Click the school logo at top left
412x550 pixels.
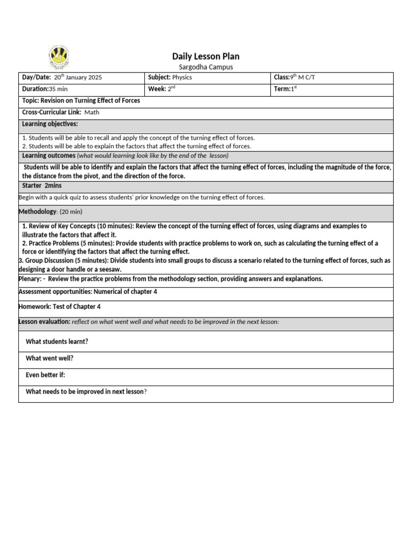coord(58,57)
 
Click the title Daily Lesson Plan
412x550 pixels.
coord(205,56)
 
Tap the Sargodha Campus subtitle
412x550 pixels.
coord(205,67)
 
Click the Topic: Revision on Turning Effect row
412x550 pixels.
coord(81,101)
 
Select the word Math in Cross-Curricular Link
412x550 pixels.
coord(92,113)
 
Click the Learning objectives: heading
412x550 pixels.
coord(50,125)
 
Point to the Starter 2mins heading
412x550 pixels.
coord(42,186)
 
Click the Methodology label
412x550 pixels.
coord(37,212)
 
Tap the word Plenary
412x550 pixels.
coord(30,279)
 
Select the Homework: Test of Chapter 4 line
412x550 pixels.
coord(60,307)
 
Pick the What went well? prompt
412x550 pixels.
coord(50,358)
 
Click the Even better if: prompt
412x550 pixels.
coord(46,375)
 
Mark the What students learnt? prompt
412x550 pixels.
coord(57,342)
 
